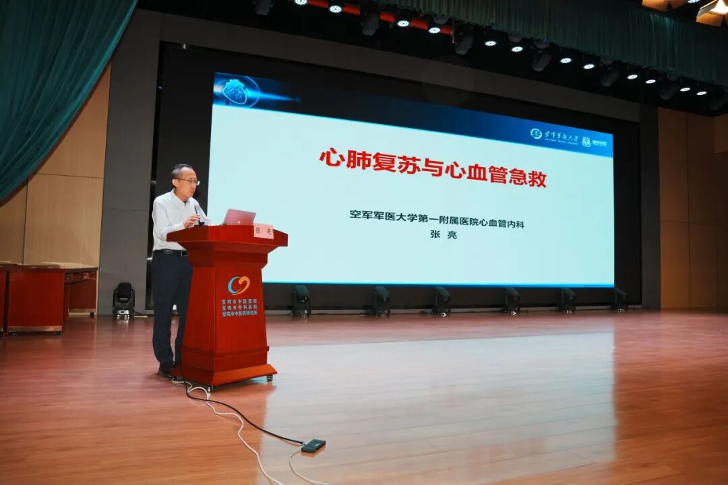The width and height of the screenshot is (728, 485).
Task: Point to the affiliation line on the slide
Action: point(437,215)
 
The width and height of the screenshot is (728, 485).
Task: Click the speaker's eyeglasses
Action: point(188,181)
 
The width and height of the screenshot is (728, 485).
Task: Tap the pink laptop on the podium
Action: point(239,217)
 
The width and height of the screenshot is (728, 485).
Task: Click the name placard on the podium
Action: point(263,230)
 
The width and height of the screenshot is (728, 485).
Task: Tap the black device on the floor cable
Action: point(313,445)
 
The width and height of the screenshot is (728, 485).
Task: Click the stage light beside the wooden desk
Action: point(123,300)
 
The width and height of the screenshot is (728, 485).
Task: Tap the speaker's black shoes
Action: point(166,370)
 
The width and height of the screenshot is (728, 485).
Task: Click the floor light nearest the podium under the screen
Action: point(301,300)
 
